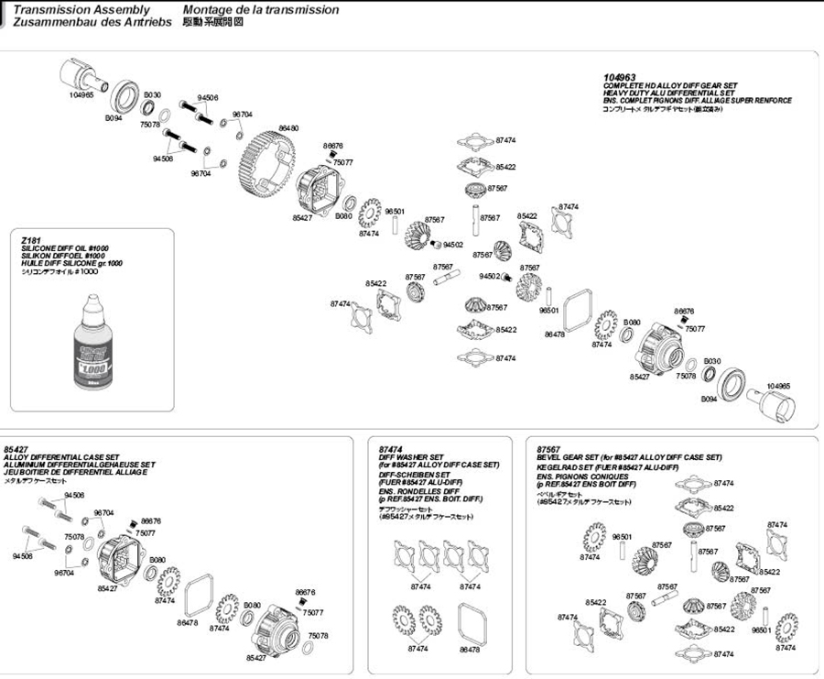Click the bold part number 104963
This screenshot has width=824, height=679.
coord(619,79)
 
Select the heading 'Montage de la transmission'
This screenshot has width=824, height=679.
coord(260,9)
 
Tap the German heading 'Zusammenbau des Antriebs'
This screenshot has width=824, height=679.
coord(92,21)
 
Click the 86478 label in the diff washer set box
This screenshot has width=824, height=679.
coord(470,649)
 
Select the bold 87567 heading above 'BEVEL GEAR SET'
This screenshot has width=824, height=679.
coord(548,449)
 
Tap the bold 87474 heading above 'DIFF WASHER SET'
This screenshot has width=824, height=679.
coord(391,449)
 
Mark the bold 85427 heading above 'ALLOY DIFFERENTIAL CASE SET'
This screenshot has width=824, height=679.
coord(16,449)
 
